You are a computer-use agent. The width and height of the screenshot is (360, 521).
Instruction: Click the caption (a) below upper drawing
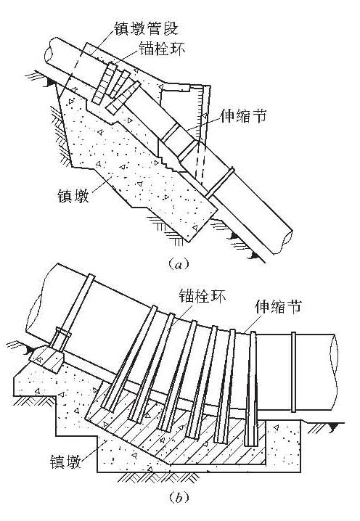(x=179, y=266)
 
